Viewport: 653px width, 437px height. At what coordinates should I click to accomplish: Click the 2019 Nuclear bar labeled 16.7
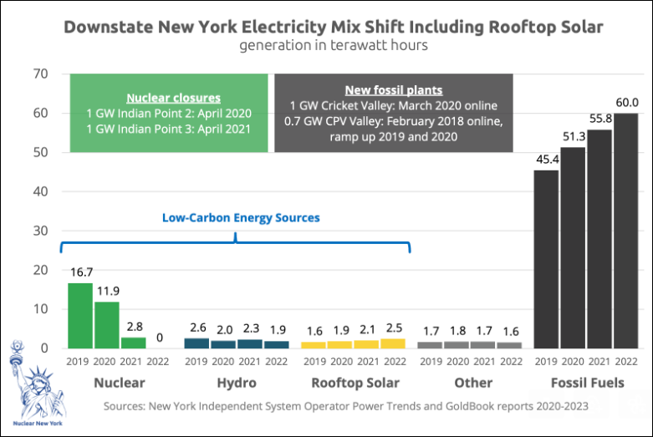pyautogui.click(x=80, y=315)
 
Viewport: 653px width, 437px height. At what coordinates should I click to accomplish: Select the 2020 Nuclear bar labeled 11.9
pyautogui.click(x=106, y=324)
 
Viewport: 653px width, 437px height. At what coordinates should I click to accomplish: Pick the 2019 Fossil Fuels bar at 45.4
pyautogui.click(x=547, y=259)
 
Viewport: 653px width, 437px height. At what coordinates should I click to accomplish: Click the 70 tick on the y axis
pyautogui.click(x=39, y=74)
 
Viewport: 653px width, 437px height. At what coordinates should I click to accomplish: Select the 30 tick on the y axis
pyautogui.click(x=39, y=231)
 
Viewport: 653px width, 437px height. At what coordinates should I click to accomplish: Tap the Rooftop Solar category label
pyautogui.click(x=355, y=383)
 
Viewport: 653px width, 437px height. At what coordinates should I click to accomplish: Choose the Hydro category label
pyautogui.click(x=236, y=383)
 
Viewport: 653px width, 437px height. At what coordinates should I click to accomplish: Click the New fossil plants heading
pyautogui.click(x=393, y=90)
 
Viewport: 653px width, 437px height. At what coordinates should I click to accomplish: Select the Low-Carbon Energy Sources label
pyautogui.click(x=241, y=217)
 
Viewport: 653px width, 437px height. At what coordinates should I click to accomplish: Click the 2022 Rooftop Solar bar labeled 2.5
pyautogui.click(x=393, y=343)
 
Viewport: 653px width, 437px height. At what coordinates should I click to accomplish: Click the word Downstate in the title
pyautogui.click(x=108, y=27)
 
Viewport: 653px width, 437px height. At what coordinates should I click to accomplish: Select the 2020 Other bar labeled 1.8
pyautogui.click(x=457, y=344)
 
